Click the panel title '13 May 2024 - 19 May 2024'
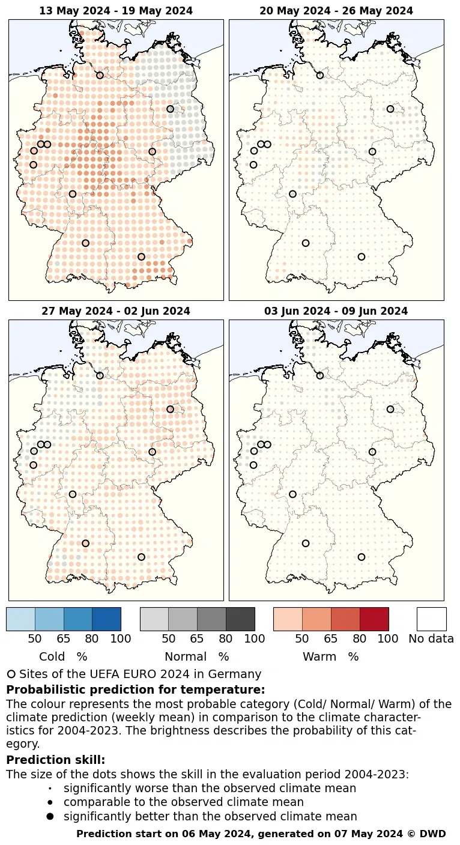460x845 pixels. tap(116, 11)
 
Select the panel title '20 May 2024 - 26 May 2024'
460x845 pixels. tap(336, 11)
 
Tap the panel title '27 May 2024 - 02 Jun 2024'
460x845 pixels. tap(116, 311)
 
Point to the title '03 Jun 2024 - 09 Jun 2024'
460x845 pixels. tap(336, 311)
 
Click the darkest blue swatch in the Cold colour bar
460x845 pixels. tap(106, 619)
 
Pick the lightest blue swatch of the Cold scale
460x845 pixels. tap(20, 619)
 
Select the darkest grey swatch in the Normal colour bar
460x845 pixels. tap(240, 619)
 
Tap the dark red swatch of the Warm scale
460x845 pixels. tap(374, 619)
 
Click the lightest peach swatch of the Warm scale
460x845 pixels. tap(288, 619)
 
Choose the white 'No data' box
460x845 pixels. tap(431, 619)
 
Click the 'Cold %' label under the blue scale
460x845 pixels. tap(63, 656)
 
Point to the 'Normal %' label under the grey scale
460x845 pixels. tap(196, 656)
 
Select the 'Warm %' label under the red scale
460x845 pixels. tap(330, 656)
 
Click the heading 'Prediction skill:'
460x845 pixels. tap(56, 760)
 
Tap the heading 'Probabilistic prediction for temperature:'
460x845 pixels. tap(136, 689)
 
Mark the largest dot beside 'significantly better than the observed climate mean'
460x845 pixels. tap(50, 816)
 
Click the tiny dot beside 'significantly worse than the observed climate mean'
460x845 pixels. tap(50, 788)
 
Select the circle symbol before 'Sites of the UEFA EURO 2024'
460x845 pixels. tap(11, 674)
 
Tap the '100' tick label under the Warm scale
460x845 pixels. tap(388, 638)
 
